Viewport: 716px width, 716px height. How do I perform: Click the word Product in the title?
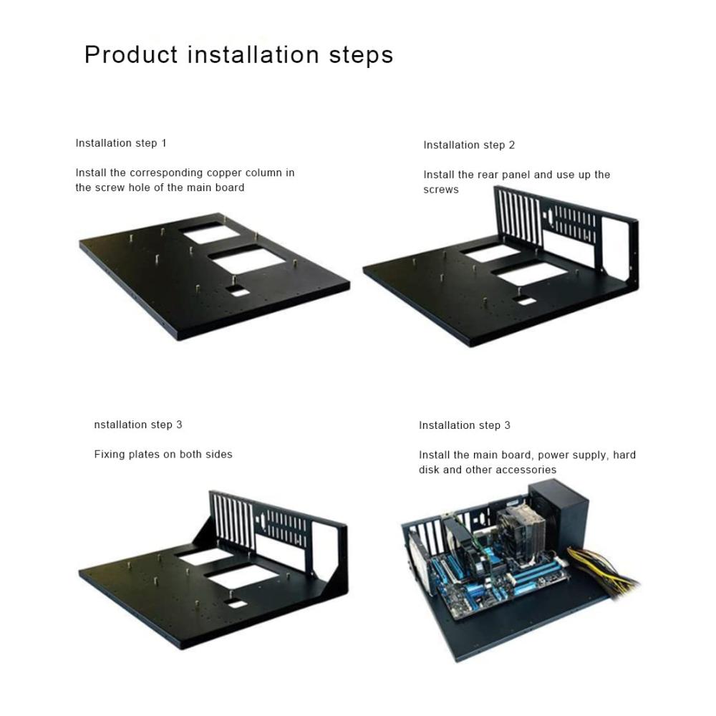click(x=131, y=54)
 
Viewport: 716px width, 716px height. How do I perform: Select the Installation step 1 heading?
click(x=121, y=143)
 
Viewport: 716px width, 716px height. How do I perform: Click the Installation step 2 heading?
click(x=469, y=145)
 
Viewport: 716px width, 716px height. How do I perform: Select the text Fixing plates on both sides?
click(x=163, y=454)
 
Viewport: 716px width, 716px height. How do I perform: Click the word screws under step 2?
click(x=440, y=190)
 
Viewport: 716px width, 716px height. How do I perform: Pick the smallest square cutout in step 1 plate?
click(x=239, y=291)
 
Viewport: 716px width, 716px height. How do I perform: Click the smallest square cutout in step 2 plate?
click(x=525, y=301)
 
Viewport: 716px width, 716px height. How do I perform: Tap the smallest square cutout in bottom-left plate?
click(x=236, y=604)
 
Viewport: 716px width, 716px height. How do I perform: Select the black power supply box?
click(x=558, y=518)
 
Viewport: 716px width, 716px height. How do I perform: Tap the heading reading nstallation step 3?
click(x=138, y=425)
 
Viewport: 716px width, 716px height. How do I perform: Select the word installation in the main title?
click(x=253, y=54)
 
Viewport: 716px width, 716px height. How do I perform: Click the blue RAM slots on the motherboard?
click(x=537, y=579)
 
